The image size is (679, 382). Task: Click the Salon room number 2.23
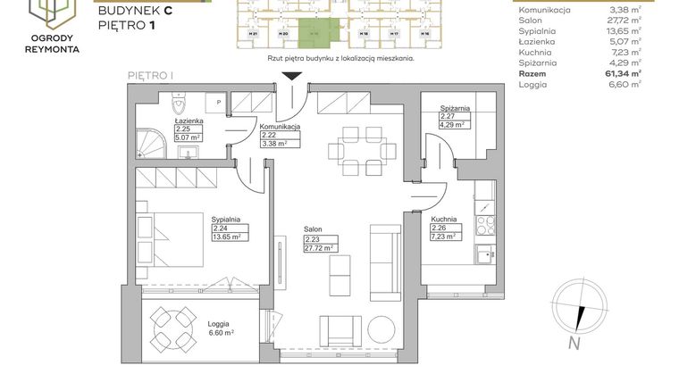[x=313, y=239]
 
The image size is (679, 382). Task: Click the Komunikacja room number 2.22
[x=269, y=136]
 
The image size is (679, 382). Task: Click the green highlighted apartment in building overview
[x=314, y=30]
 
